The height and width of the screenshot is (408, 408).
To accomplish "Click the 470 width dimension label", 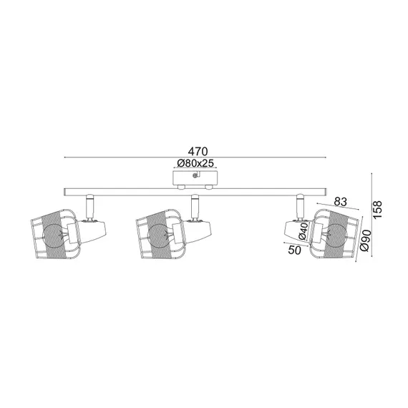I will [198, 151].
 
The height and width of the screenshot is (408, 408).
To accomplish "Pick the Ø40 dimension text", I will [303, 230].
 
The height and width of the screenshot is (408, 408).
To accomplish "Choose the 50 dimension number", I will [294, 250].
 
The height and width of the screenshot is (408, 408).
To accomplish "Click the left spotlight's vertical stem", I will [89, 208].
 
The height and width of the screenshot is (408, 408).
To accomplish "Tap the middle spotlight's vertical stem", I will [193, 208].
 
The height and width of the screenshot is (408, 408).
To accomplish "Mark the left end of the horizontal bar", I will [67, 191].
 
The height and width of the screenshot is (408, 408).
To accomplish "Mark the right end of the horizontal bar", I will [325, 191].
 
